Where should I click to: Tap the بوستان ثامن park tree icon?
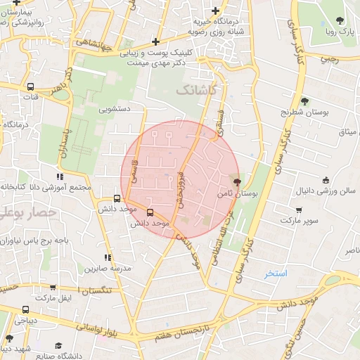tap(236, 181)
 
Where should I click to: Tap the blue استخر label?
tap(276, 273)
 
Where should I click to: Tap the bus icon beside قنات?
tap(30, 87)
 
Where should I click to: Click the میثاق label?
tap(348, 132)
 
